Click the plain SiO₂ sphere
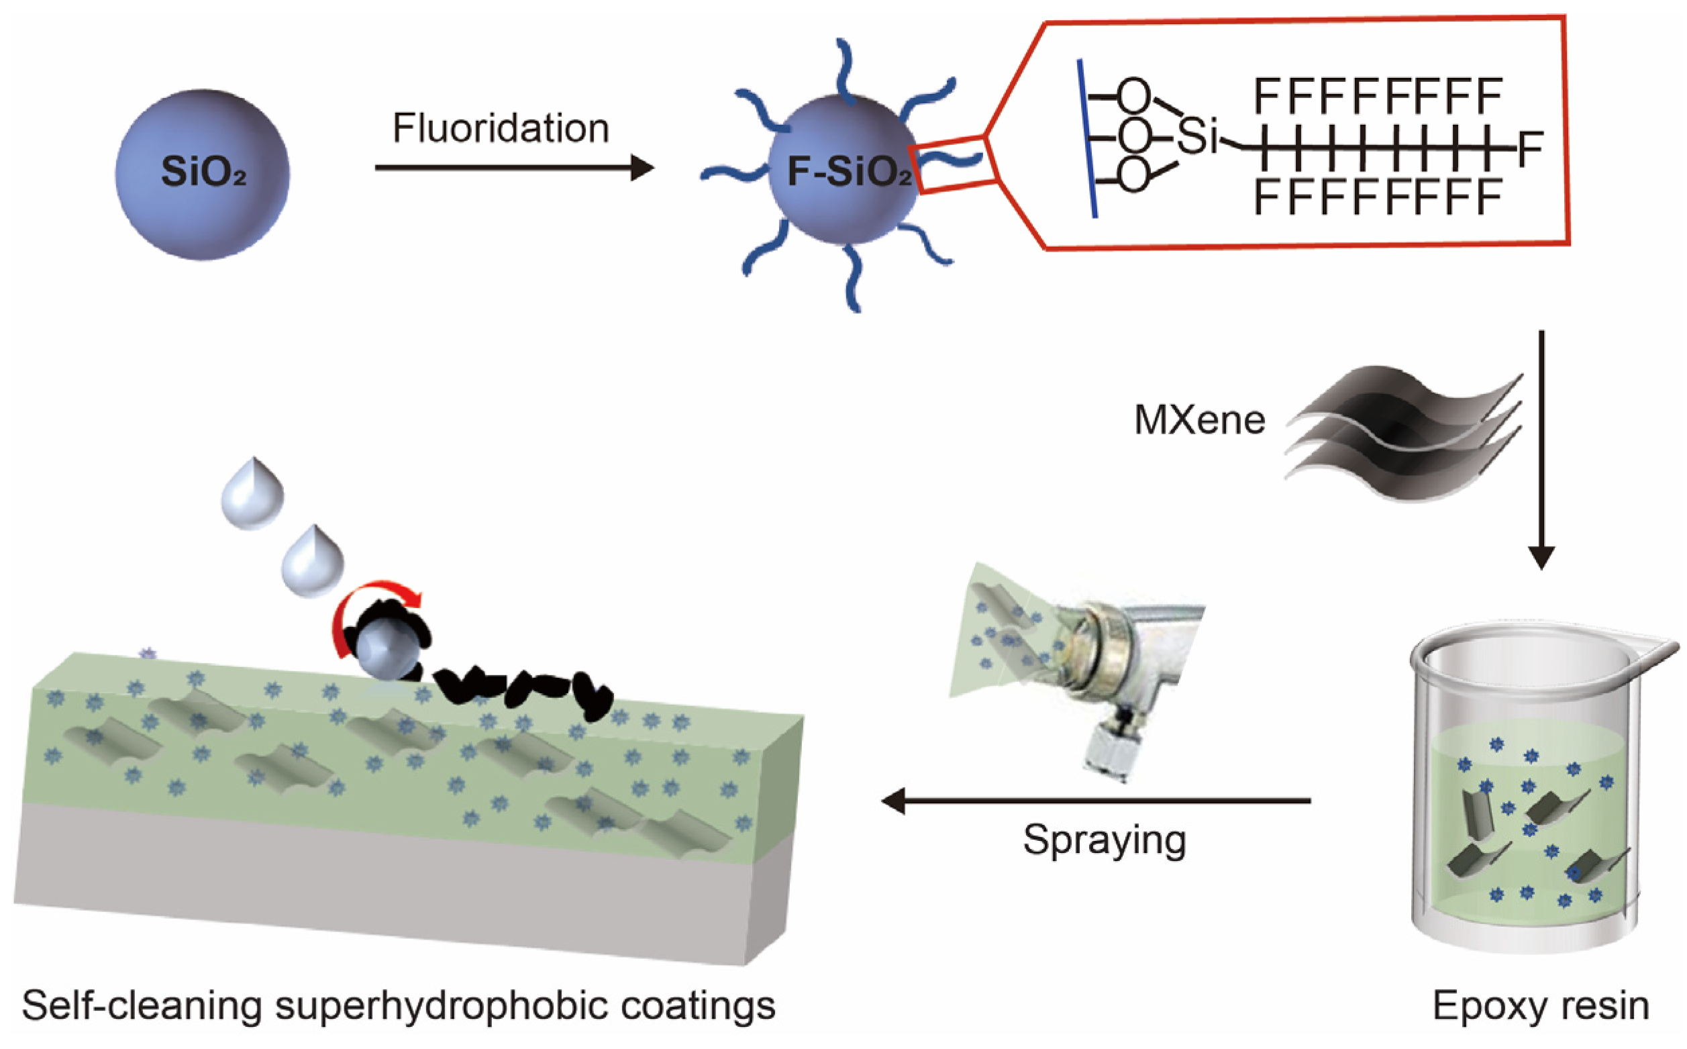[x=202, y=174]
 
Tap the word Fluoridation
[x=501, y=128]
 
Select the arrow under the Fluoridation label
[x=513, y=167]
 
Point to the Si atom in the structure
[x=1197, y=136]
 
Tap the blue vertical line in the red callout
[x=1087, y=139]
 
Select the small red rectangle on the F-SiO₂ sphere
[x=956, y=164]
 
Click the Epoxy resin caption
[x=1541, y=1005]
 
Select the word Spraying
[x=1105, y=841]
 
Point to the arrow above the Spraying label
[x=1096, y=801]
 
